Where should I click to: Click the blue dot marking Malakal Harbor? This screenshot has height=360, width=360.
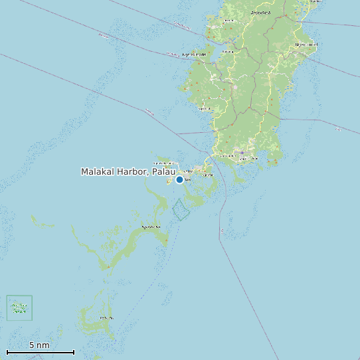pos(179,179)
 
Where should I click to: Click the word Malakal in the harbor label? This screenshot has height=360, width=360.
pos(98,171)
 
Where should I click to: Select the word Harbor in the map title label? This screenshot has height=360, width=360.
pos(134,171)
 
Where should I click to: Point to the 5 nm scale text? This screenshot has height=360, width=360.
pos(39,345)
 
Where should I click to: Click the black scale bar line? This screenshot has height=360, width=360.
pos(40,352)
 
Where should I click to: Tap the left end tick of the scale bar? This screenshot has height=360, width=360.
pos(7,352)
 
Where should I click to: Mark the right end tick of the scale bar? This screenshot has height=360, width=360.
pos(74,352)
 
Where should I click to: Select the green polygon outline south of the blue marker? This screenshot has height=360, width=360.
pos(181,210)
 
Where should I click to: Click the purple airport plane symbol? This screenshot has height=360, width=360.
pos(242,152)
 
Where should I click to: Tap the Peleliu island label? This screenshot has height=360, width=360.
pos(106,318)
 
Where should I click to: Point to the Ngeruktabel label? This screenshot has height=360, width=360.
pos(151,227)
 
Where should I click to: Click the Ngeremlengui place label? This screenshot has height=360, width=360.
pos(194,54)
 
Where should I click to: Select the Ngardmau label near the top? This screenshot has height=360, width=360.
pos(260,12)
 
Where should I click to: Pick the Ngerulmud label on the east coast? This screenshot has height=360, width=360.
pos(306,45)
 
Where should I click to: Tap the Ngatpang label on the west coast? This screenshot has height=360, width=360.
pos(205,108)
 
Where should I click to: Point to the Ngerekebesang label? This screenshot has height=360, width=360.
pos(163,163)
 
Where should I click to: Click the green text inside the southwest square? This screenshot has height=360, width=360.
pos(19,308)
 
